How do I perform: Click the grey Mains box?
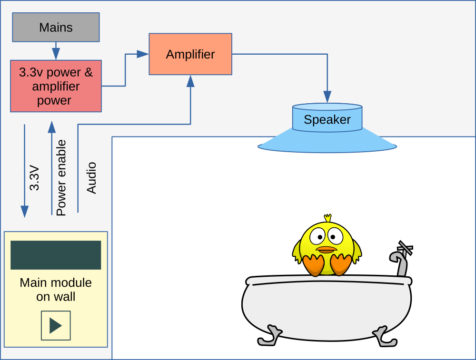[x=56, y=27]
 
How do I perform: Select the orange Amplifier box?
[x=190, y=54]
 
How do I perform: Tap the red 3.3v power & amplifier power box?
[x=56, y=86]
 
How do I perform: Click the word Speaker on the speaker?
[x=327, y=119]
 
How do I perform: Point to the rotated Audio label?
[x=91, y=178]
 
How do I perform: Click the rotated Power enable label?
[x=61, y=178]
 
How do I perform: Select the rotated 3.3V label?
[x=34, y=178]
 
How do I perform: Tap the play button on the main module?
[x=56, y=325]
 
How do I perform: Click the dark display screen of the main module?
[x=56, y=255]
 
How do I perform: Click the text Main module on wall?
[x=56, y=290]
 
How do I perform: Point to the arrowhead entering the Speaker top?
[x=327, y=97]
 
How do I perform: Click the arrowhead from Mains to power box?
[x=56, y=54]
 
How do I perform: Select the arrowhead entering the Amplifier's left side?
[x=143, y=54]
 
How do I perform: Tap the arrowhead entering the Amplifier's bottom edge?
[x=190, y=81]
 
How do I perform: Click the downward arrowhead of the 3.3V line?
[x=25, y=212]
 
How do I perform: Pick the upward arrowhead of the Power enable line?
[x=52, y=127]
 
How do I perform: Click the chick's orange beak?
[x=327, y=250]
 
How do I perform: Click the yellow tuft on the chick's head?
[x=327, y=218]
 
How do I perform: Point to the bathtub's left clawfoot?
[x=269, y=336]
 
